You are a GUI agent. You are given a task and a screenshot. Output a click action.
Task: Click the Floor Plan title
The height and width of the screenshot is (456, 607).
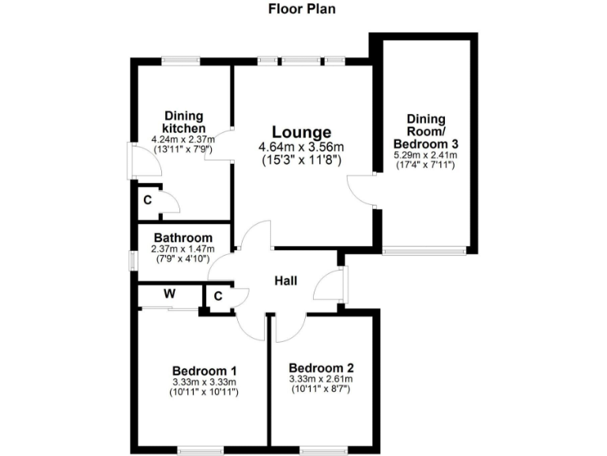(303, 10)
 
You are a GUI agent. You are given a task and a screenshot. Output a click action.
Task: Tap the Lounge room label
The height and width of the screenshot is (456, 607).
(301, 132)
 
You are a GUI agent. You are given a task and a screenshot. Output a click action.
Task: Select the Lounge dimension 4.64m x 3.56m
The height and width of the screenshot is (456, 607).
(301, 146)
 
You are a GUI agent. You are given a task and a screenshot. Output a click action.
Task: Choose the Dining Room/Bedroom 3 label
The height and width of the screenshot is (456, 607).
(426, 131)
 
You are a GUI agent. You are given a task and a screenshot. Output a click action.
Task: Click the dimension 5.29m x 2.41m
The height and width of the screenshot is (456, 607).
(426, 156)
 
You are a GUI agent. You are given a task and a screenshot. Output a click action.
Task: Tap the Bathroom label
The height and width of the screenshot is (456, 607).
(183, 237)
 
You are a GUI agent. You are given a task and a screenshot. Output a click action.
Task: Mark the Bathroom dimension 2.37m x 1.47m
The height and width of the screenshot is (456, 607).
(183, 249)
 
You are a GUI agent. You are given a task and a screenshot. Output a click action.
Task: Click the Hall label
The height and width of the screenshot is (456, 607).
(285, 280)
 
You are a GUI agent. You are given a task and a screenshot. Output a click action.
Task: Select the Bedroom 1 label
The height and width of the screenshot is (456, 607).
(205, 370)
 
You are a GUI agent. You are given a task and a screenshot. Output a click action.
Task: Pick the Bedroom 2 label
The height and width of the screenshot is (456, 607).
(321, 368)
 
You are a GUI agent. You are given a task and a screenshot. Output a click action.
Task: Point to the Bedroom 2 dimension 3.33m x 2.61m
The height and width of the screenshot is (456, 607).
(321, 380)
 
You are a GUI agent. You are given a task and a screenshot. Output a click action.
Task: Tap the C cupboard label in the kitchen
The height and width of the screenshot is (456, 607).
(147, 199)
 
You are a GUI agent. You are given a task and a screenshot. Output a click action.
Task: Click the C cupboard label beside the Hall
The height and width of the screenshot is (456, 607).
(217, 298)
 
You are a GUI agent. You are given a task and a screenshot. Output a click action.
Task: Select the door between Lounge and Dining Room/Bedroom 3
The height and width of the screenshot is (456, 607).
(361, 189)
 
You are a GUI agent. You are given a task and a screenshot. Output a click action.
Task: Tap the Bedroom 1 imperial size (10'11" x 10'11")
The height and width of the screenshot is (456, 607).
(205, 392)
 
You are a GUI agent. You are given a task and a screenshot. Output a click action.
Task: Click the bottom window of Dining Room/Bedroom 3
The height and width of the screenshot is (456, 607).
(423, 252)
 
